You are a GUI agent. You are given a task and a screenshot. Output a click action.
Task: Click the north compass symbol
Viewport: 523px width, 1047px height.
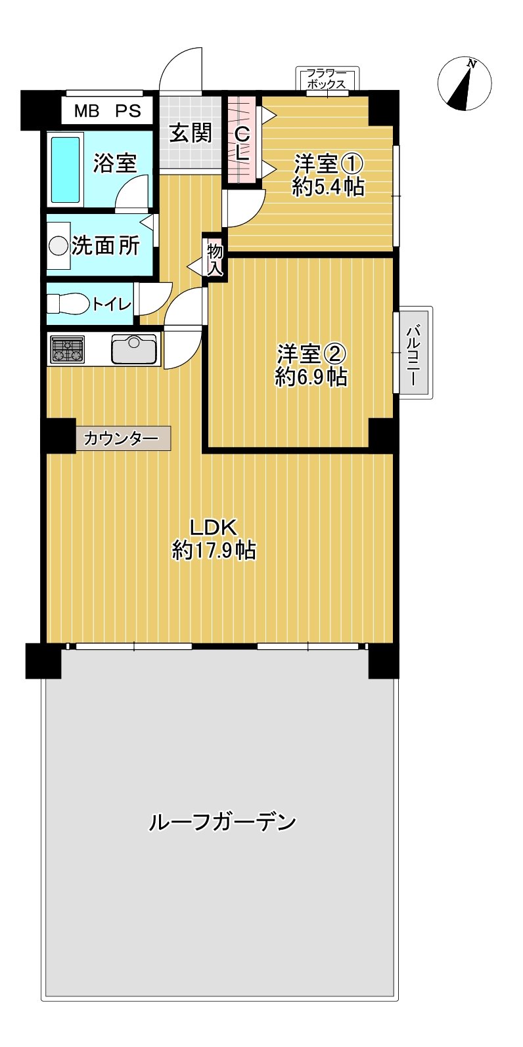pos(465,84)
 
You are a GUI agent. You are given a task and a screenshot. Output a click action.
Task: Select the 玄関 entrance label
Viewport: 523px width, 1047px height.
pos(191,133)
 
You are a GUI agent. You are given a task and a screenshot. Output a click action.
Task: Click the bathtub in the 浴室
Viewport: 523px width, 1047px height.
pos(66,169)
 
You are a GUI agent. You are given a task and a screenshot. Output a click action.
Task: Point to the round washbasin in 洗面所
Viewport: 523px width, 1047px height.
pos(58,246)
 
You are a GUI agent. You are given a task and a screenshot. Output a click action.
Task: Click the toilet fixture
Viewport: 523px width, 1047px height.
pos(68,304)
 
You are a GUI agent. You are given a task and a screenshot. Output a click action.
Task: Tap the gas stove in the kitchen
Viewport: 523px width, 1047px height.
pos(67,349)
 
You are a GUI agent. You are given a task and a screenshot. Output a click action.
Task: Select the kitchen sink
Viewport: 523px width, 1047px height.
pos(134,349)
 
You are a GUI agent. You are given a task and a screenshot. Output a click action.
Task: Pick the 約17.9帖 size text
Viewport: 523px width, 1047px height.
pos(214,550)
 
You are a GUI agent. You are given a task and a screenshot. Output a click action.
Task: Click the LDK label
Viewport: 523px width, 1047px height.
pos(213,526)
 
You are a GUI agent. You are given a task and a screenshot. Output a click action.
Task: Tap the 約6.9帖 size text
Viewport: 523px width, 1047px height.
pos(311,377)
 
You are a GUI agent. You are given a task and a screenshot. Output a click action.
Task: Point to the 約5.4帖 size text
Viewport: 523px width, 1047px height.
pos(328,187)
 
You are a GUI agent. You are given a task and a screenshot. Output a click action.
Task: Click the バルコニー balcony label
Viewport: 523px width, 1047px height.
pos(414,352)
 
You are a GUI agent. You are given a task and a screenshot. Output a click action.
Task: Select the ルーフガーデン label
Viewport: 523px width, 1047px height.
pos(223,822)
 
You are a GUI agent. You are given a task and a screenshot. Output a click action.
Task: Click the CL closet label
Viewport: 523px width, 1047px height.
pos(242,144)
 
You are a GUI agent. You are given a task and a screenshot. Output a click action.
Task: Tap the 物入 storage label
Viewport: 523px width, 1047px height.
pos(215,258)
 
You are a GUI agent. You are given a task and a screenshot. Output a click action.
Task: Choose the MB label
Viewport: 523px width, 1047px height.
pos(86,111)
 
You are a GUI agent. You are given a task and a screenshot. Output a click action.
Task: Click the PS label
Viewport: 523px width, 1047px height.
pos(128,111)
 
